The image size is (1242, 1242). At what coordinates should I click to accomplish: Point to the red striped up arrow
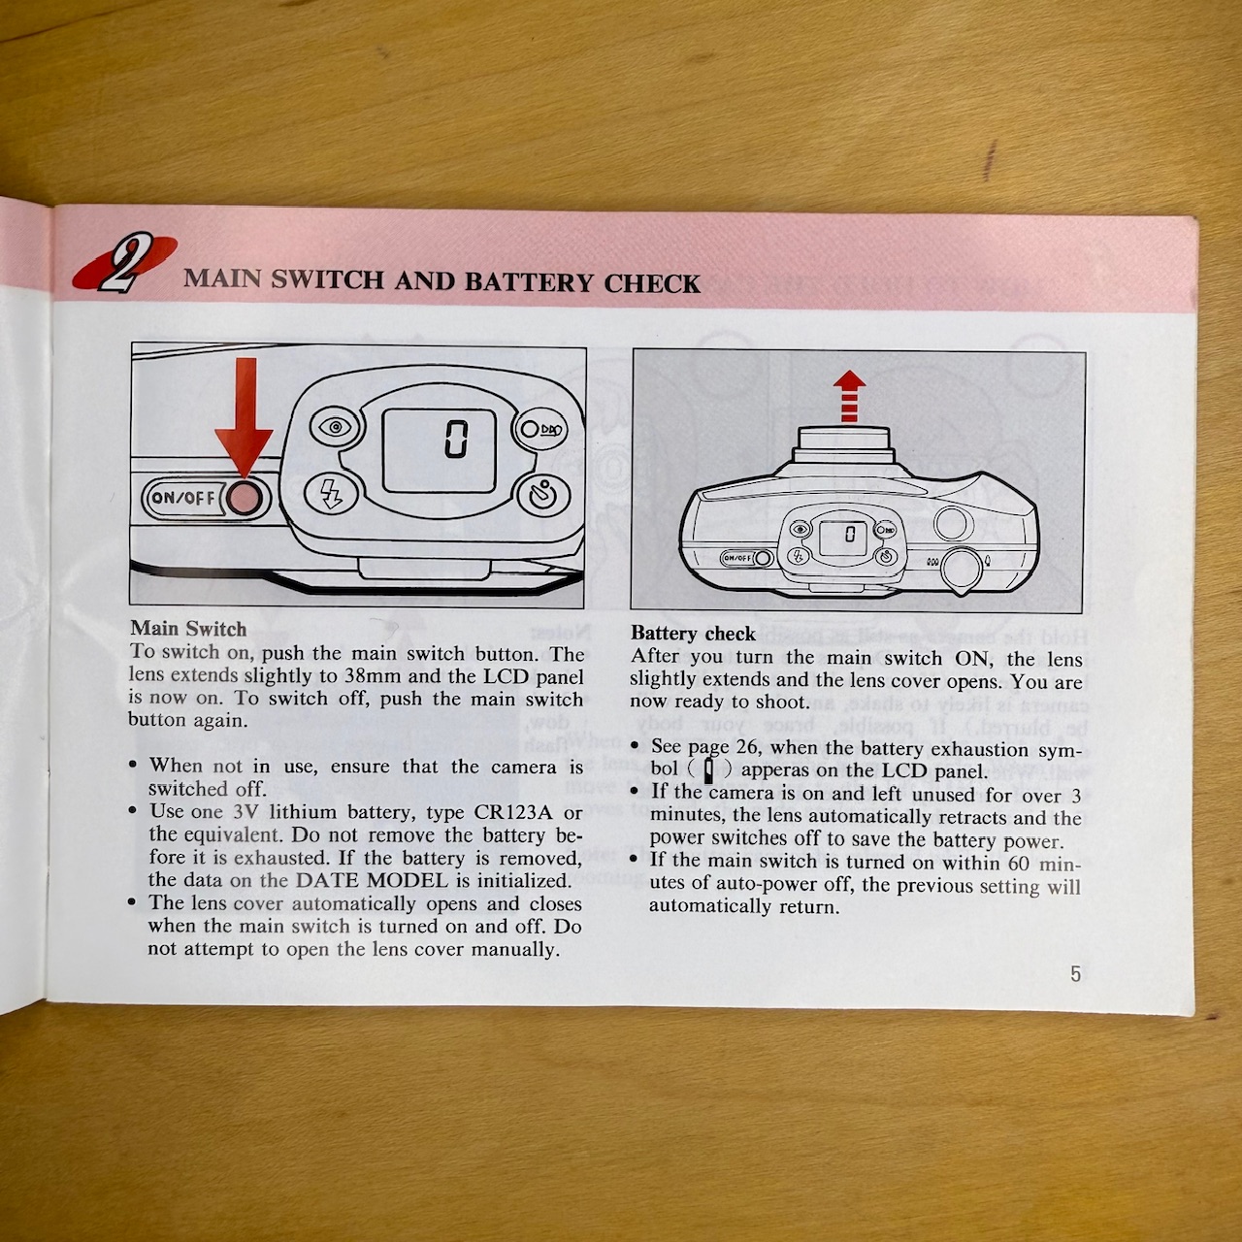pos(849,397)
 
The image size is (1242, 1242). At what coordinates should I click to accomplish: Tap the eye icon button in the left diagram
pos(335,427)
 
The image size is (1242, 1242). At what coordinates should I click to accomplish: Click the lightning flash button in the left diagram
pos(331,494)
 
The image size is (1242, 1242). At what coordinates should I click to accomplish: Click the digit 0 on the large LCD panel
pos(456,439)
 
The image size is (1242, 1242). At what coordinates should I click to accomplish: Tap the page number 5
pos(1076,973)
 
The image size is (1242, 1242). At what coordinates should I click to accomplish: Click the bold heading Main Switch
pos(188,629)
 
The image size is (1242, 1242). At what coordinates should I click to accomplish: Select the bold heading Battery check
pos(693,634)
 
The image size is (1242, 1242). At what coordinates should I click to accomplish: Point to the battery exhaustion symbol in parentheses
pos(709,770)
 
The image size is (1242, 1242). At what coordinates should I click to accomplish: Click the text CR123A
pos(512,811)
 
